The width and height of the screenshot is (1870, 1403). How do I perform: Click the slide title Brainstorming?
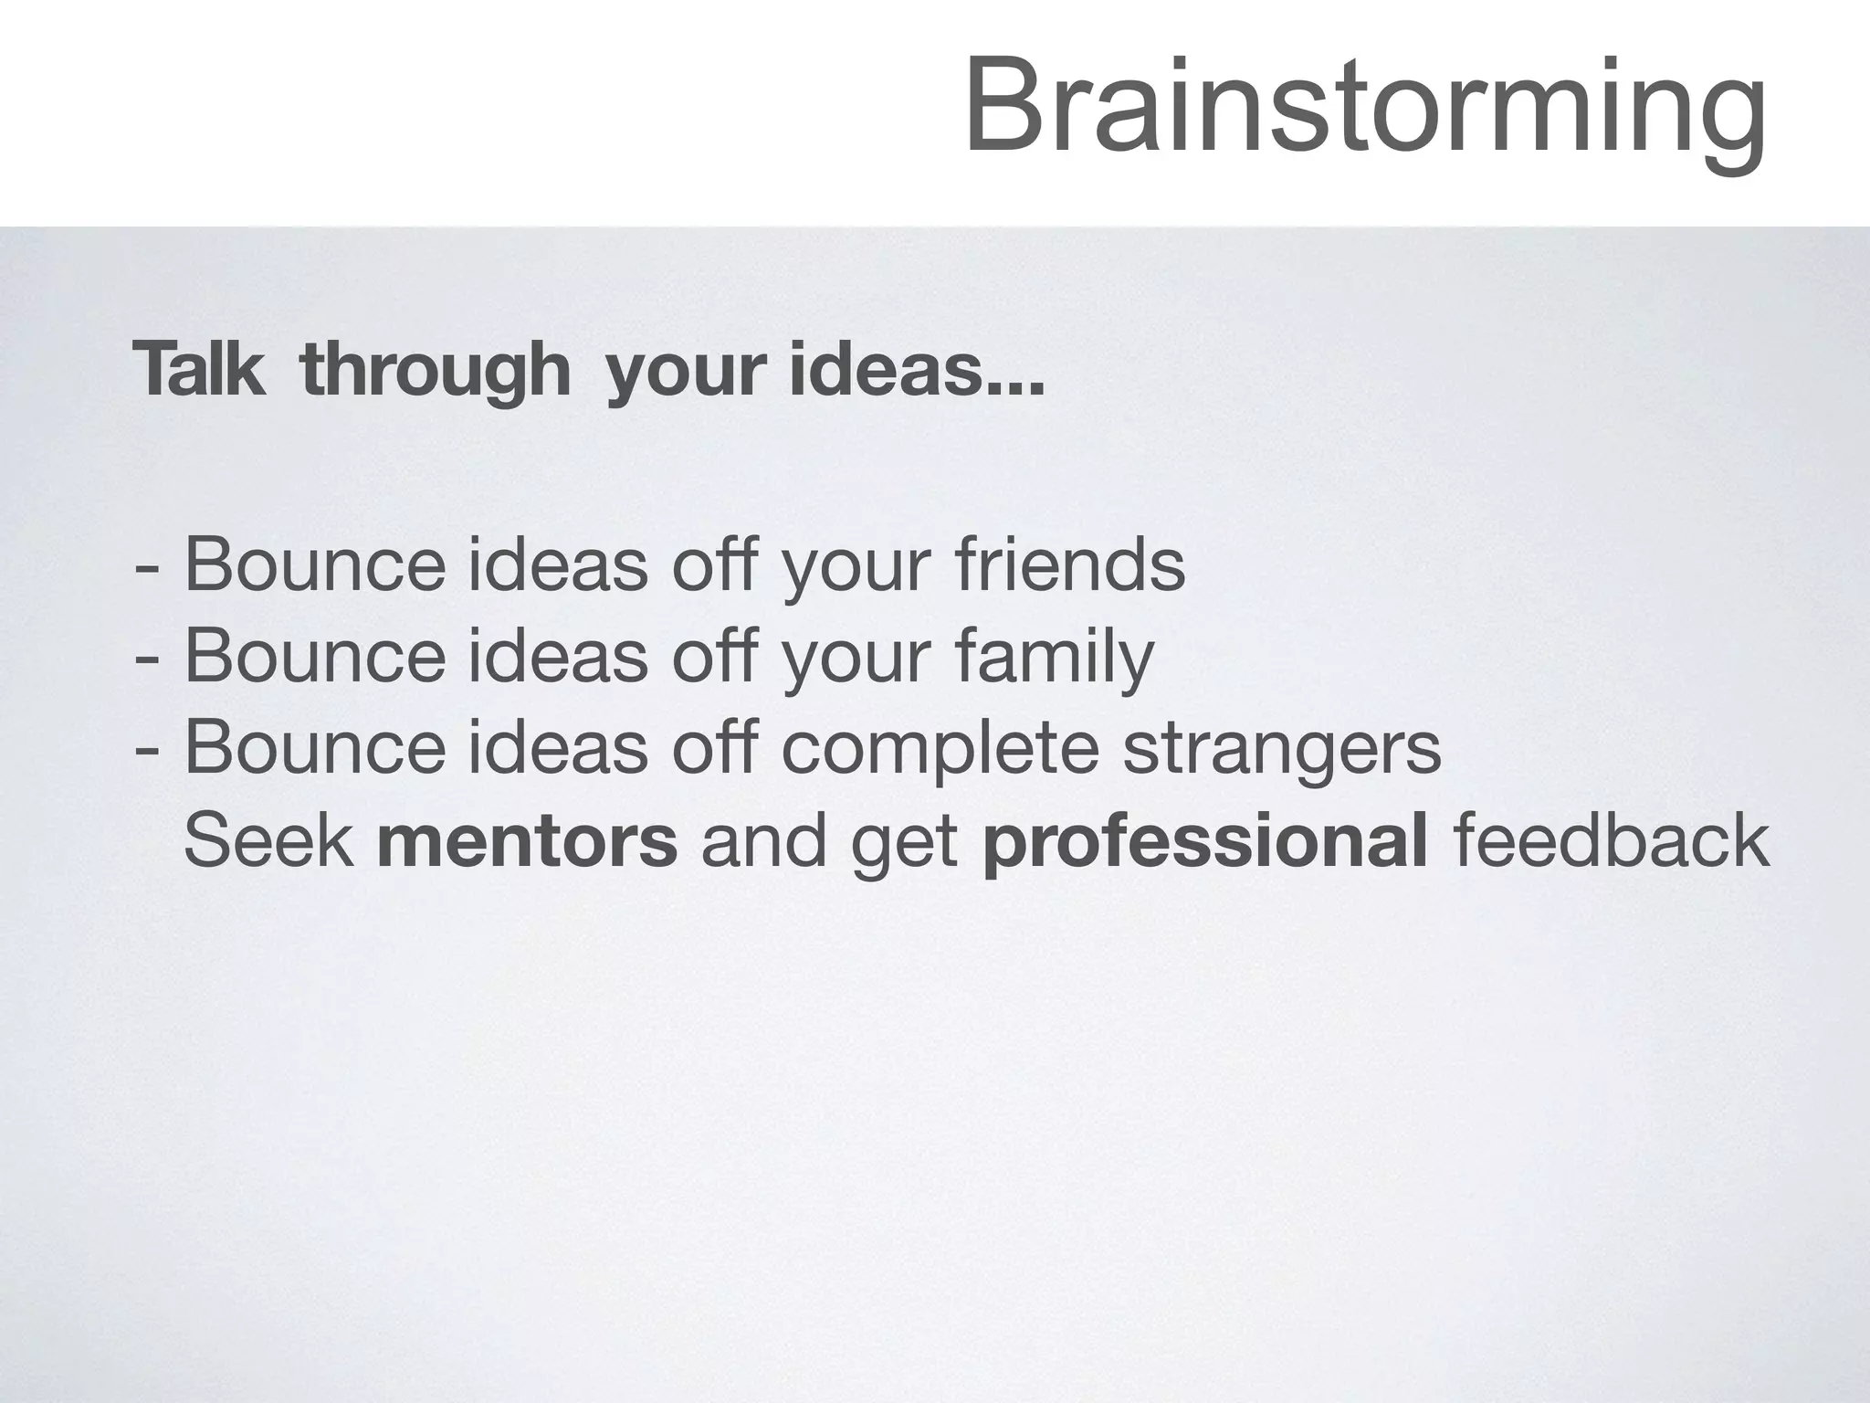pyautogui.click(x=1364, y=108)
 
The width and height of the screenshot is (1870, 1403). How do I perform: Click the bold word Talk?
pyautogui.click(x=198, y=370)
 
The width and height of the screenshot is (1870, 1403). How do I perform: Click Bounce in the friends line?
pyautogui.click(x=315, y=565)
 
